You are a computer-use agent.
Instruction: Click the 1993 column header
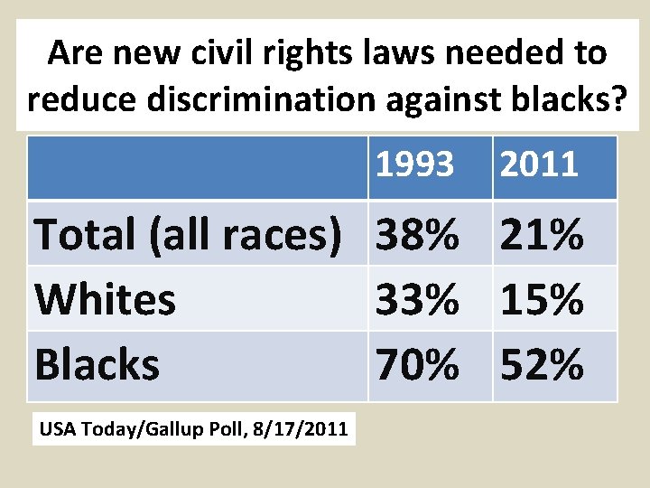click(414, 165)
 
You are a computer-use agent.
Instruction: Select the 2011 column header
click(538, 165)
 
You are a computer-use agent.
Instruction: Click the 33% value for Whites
click(416, 300)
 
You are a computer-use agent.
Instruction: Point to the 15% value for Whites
click(540, 300)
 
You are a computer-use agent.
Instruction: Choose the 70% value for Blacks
click(416, 365)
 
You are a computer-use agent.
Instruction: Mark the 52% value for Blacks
click(540, 365)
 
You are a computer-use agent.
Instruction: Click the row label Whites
click(105, 300)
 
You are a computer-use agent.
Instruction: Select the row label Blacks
click(97, 365)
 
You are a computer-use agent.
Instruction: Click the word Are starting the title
click(76, 54)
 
